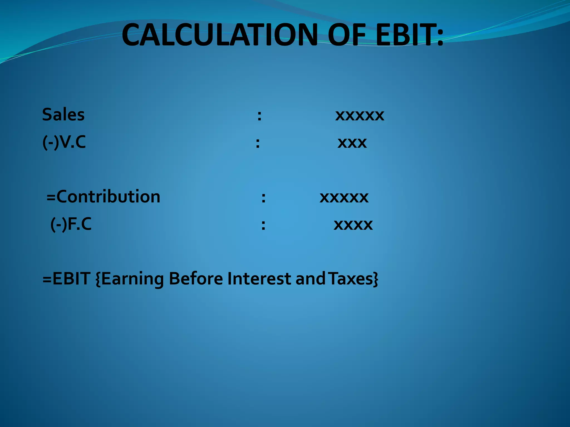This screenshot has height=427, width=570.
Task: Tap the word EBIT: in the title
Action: pyautogui.click(x=409, y=35)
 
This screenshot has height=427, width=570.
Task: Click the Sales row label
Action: pyautogui.click(x=63, y=115)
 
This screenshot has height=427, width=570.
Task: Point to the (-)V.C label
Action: pyautogui.click(x=64, y=142)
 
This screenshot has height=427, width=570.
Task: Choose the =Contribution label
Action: pyautogui.click(x=103, y=197)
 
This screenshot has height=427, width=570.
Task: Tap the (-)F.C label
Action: pyautogui.click(x=71, y=224)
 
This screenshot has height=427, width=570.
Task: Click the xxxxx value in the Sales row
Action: pyautogui.click(x=360, y=115)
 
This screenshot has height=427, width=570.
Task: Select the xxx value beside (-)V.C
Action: pyautogui.click(x=352, y=143)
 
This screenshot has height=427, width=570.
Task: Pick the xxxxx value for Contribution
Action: pyautogui.click(x=344, y=197)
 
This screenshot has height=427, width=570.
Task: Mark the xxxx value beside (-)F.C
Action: pyautogui.click(x=353, y=225)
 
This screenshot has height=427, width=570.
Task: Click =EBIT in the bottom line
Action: pyautogui.click(x=66, y=279)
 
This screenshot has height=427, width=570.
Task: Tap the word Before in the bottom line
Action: pyautogui.click(x=196, y=279)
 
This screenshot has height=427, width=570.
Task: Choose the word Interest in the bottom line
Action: pyautogui.click(x=259, y=279)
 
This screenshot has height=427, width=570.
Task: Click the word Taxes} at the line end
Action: pyautogui.click(x=353, y=279)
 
